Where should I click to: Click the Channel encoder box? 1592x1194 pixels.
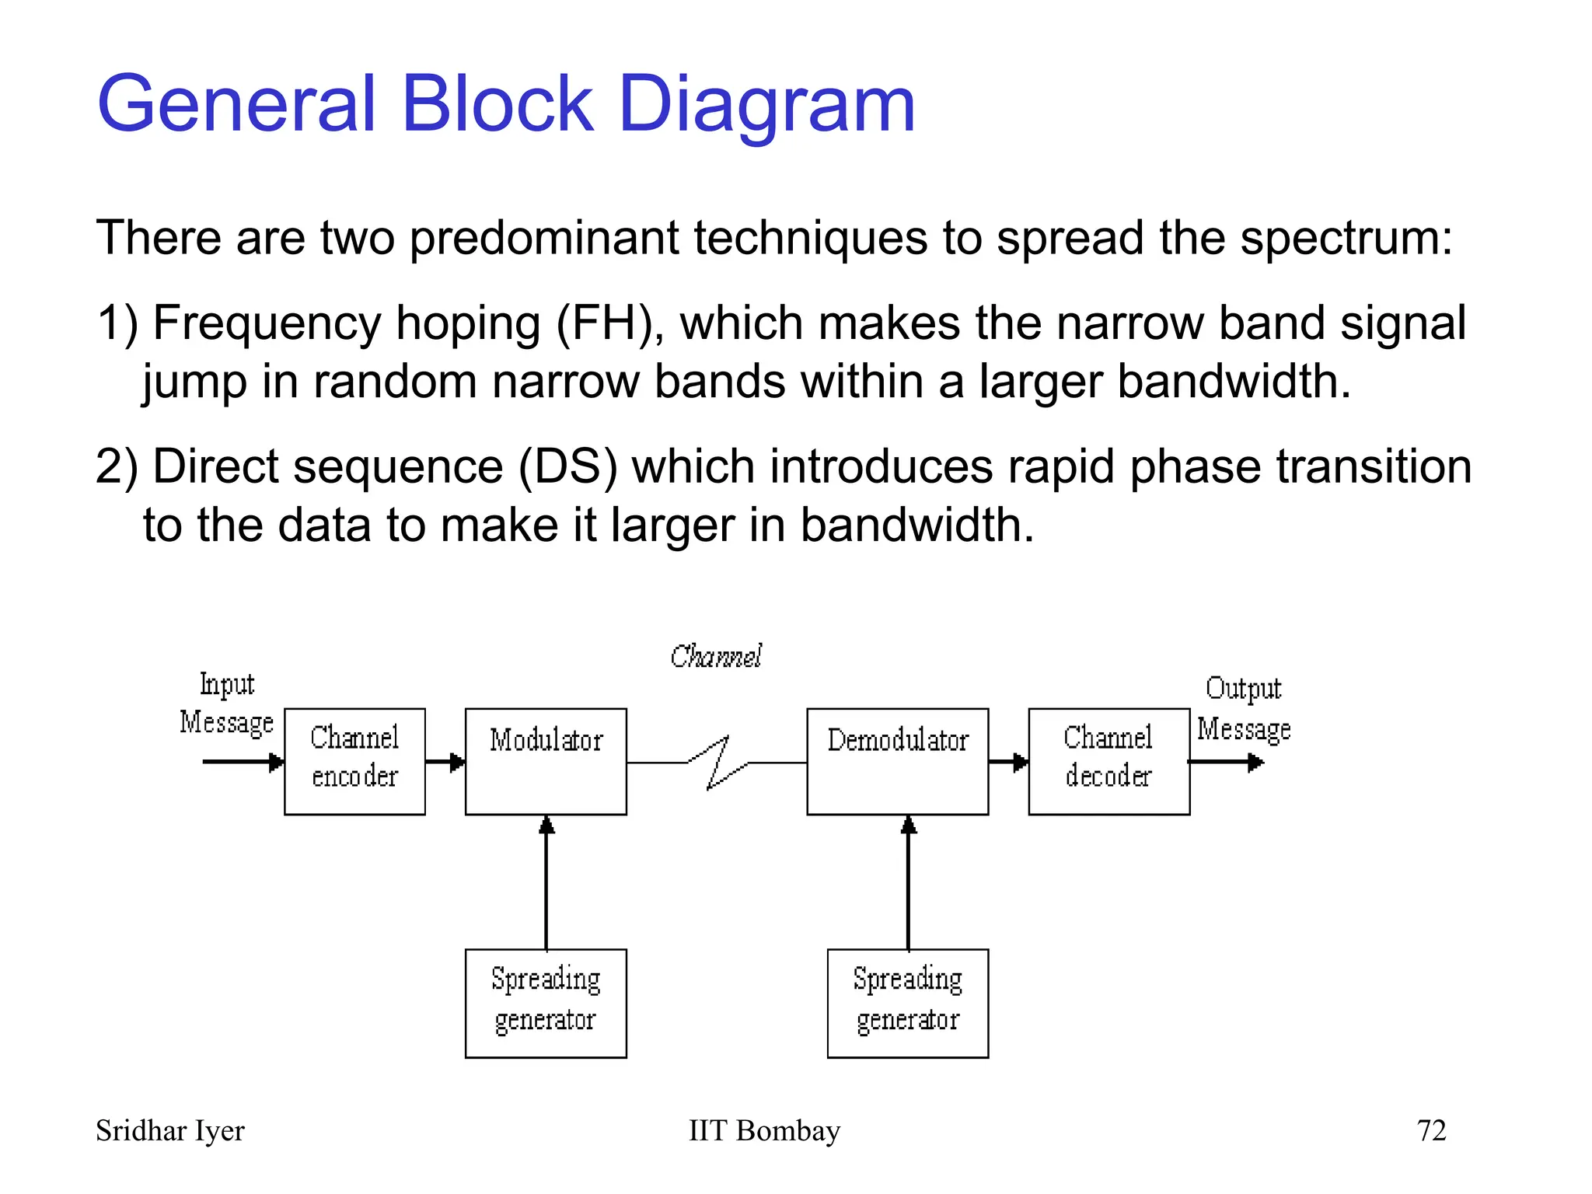click(354, 761)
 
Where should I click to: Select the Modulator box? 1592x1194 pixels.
click(546, 761)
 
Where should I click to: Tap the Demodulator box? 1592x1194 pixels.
click(897, 761)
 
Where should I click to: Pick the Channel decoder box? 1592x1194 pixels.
click(1108, 761)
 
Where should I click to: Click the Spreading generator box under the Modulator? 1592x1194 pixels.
click(546, 1003)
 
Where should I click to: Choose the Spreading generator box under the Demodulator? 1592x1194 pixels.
click(907, 1003)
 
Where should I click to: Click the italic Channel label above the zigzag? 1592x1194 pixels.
click(716, 657)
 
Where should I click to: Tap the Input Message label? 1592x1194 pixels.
click(226, 703)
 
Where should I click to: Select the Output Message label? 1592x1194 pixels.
click(1244, 709)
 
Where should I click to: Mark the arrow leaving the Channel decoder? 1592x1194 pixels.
click(1227, 762)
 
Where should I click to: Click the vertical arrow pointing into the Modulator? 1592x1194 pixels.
click(546, 882)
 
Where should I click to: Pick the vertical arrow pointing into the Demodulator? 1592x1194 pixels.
click(908, 882)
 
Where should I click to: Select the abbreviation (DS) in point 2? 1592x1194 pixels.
click(567, 467)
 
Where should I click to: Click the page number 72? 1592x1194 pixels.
click(1431, 1130)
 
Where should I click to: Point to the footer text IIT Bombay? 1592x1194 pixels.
click(764, 1130)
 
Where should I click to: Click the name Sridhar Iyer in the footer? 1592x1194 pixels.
click(169, 1130)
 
